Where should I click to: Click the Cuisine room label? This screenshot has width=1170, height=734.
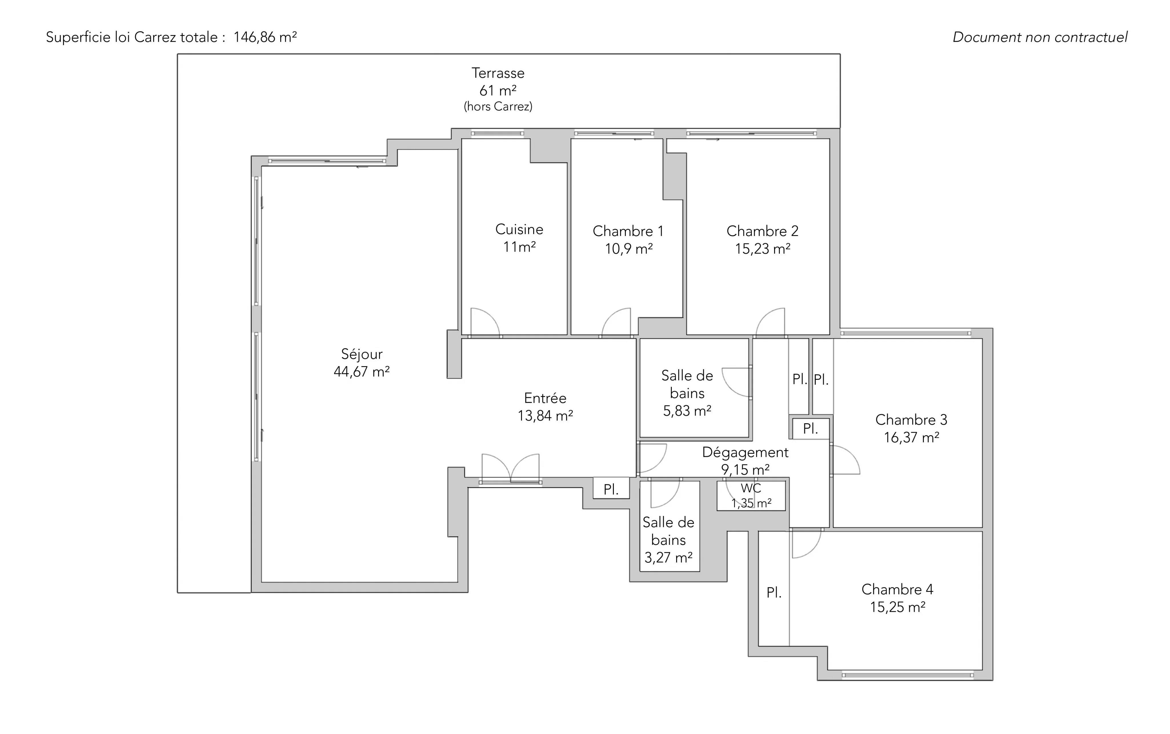[519, 229]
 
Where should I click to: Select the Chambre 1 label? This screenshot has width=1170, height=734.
[628, 231]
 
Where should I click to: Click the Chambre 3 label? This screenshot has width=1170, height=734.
[911, 420]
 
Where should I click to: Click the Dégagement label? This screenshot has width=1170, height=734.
[745, 452]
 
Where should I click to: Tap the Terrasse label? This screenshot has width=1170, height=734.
[498, 73]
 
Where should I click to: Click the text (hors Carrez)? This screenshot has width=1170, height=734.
[498, 106]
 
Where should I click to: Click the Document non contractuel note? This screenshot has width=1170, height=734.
[1040, 37]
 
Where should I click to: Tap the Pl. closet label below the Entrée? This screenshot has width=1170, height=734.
[611, 490]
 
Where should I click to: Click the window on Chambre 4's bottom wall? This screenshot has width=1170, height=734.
[907, 675]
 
